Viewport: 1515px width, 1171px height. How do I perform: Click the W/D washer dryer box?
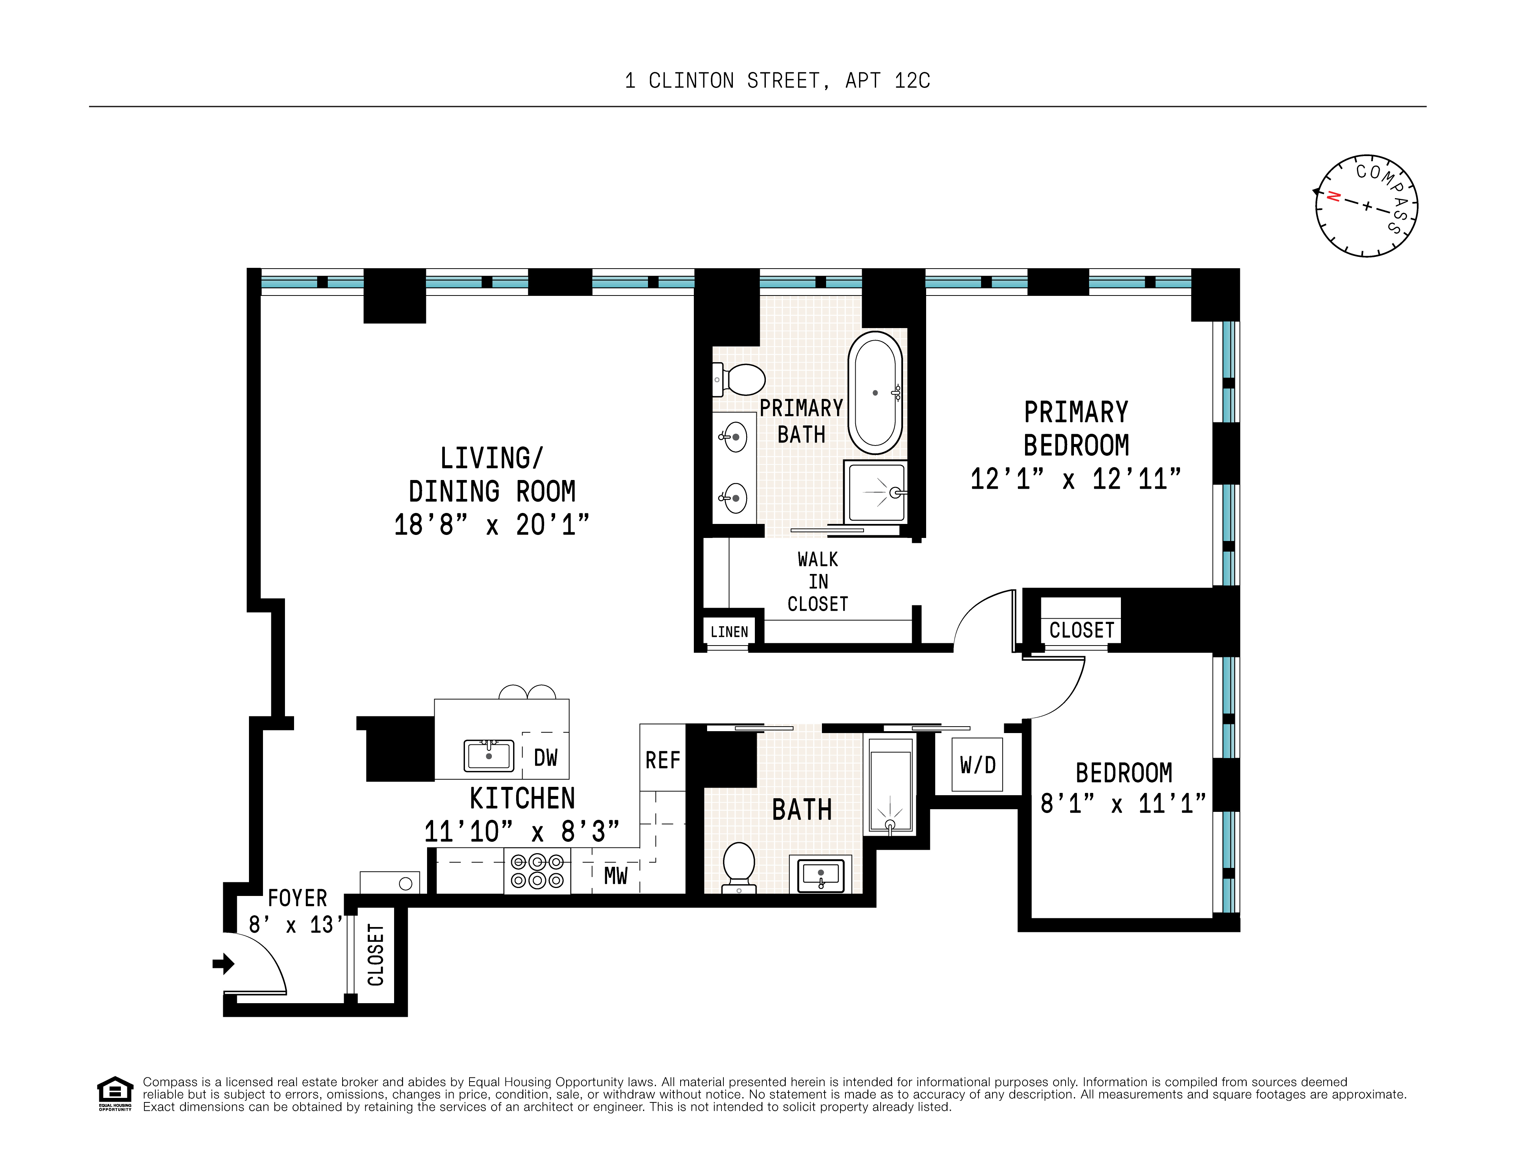pos(977,765)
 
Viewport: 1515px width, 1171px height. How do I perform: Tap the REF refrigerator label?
pos(662,761)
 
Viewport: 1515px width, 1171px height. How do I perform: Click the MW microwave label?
pos(615,876)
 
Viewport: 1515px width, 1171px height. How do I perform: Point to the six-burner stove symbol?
pos(537,871)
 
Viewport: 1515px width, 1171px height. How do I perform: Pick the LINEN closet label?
pos(729,632)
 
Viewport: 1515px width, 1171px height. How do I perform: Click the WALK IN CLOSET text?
pos(818,582)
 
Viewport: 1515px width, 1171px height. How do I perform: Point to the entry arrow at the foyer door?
pos(223,963)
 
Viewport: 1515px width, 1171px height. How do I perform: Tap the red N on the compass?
pos(1333,196)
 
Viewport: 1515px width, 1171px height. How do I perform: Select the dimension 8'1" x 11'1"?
pos(1123,804)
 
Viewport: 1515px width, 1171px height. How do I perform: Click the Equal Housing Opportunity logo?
pos(114,1093)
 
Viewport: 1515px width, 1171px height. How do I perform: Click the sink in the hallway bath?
pos(821,875)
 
